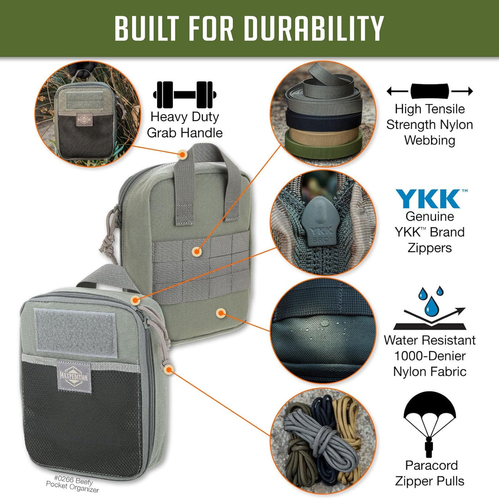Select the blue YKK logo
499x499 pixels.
click(x=429, y=198)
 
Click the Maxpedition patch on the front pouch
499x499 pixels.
click(x=74, y=373)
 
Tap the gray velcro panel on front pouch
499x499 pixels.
click(x=75, y=333)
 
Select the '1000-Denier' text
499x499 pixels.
click(x=430, y=356)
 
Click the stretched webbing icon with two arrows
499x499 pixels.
click(x=430, y=91)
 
